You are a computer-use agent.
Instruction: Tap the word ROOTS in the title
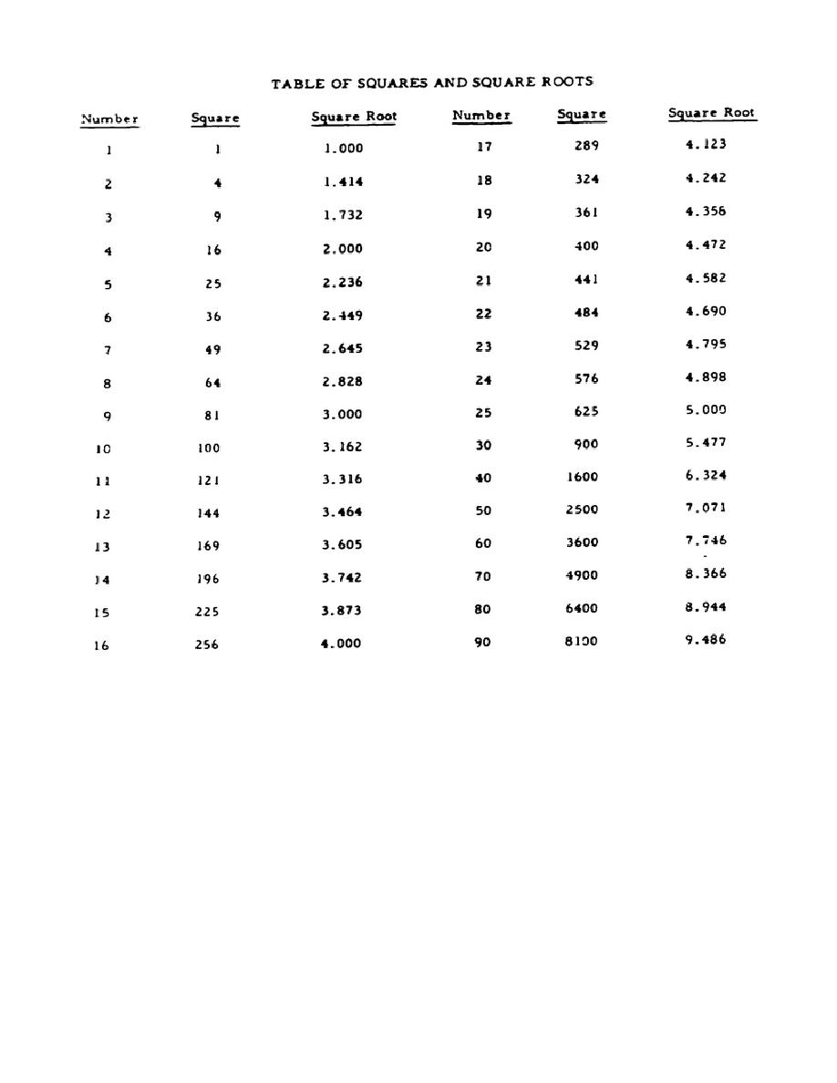click(568, 82)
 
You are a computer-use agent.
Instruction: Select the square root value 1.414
click(343, 181)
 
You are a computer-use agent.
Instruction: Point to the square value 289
click(586, 146)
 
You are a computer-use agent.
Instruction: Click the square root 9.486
click(706, 640)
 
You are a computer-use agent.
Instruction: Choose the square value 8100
click(581, 641)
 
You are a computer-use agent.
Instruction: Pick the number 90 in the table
click(482, 642)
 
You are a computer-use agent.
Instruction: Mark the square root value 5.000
click(706, 410)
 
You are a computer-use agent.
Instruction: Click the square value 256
click(207, 645)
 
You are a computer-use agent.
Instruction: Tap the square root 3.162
click(342, 448)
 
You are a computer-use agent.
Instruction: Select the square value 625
click(586, 411)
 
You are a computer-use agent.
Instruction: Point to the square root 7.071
click(706, 508)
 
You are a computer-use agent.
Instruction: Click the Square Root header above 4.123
click(712, 114)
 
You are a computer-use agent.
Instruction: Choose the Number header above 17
click(481, 116)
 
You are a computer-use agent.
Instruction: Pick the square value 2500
click(582, 510)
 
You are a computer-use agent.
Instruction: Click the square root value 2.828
click(342, 382)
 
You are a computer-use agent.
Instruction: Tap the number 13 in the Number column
click(102, 547)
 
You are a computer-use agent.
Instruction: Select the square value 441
click(586, 279)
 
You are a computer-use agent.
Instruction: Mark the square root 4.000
click(341, 644)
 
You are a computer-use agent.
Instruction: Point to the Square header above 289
click(582, 115)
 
